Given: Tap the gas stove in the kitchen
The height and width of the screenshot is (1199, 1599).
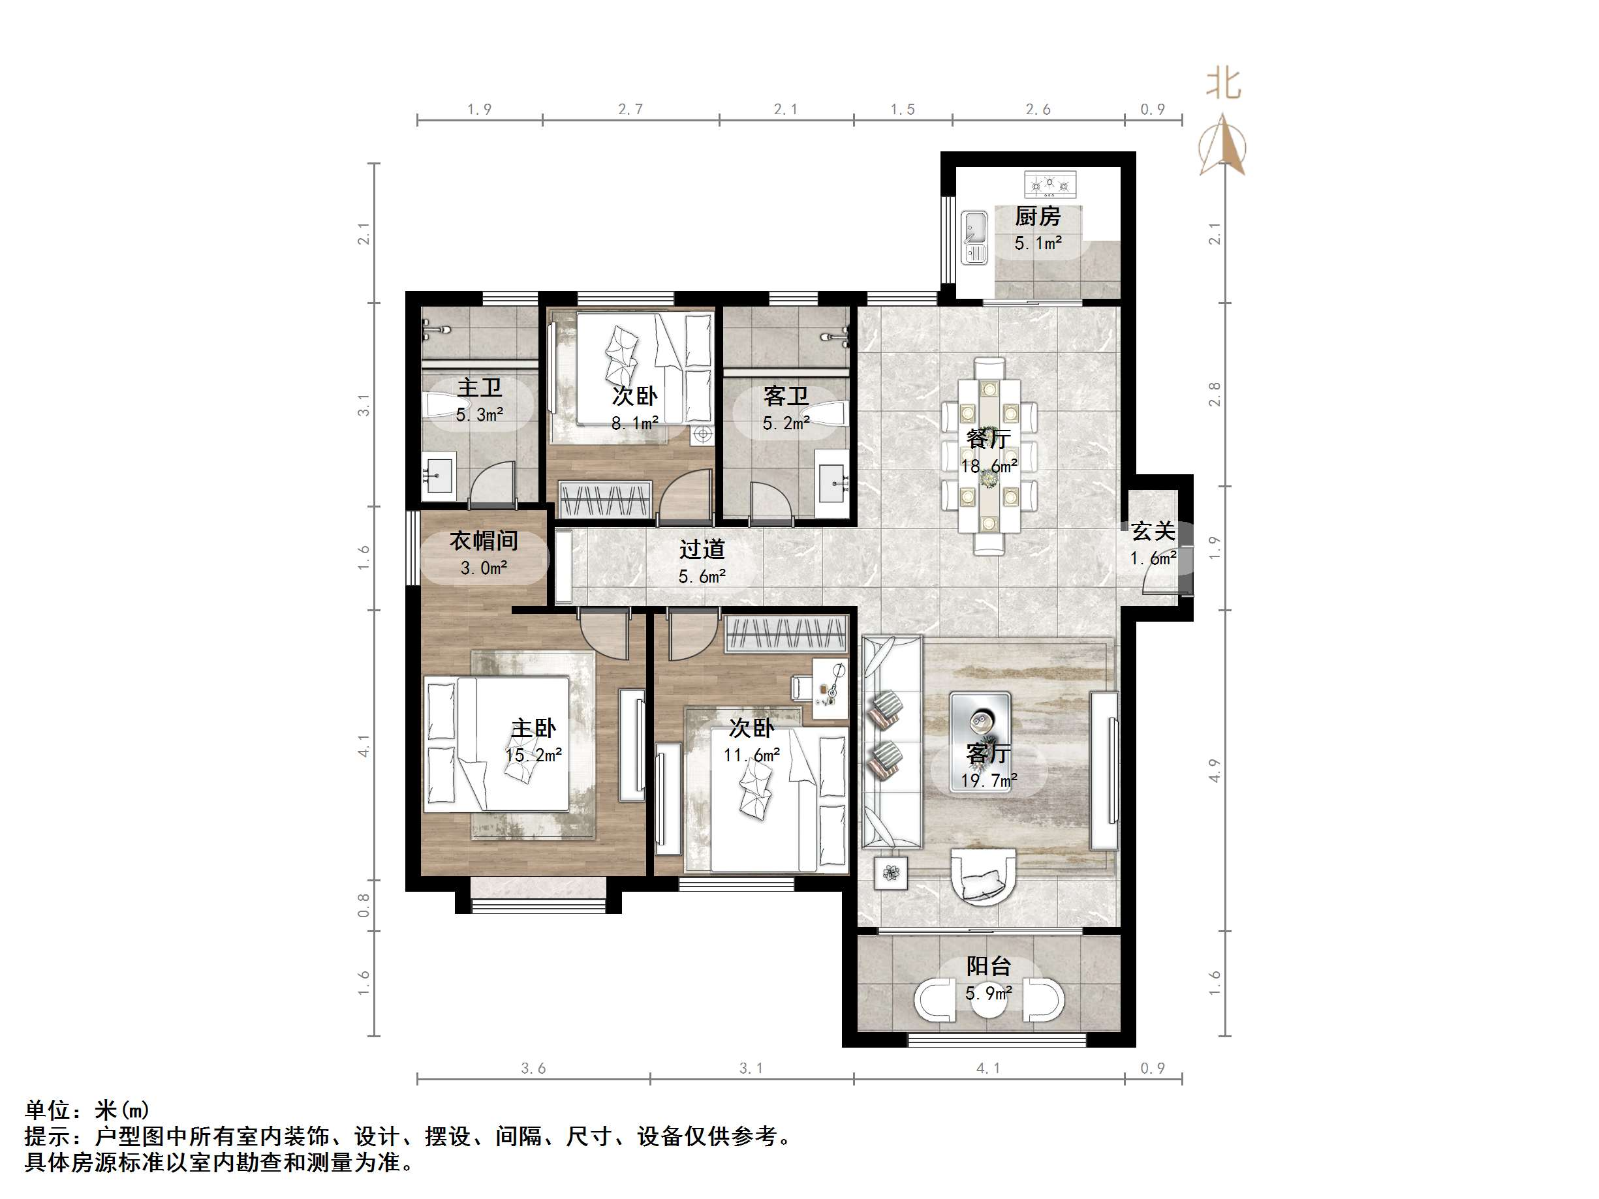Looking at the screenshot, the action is (x=1049, y=185).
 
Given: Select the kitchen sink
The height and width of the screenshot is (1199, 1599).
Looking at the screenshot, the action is (x=974, y=237).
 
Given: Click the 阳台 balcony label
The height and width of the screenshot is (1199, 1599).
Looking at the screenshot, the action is (x=988, y=965).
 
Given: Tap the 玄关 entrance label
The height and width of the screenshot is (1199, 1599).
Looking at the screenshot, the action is (x=1153, y=531).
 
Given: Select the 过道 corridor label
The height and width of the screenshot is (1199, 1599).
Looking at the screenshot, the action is (x=701, y=549).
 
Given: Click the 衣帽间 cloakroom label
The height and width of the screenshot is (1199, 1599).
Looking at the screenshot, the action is (x=484, y=541).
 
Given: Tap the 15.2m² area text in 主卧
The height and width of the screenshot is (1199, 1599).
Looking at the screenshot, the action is (x=533, y=755).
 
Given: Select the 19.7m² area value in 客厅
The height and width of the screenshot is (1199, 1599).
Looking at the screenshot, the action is (x=989, y=781).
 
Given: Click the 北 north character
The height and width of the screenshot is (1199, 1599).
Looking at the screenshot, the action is (x=1223, y=84).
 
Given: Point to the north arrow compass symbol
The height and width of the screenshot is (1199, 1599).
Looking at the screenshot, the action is (x=1222, y=145).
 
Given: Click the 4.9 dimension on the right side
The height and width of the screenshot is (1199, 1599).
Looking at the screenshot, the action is (x=1215, y=770).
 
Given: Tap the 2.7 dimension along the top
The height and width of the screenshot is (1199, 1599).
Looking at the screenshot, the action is (x=630, y=109).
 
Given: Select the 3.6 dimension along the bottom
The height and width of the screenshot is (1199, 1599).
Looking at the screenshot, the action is (x=533, y=1068).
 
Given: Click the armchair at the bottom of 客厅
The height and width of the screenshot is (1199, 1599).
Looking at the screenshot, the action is (x=983, y=876).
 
